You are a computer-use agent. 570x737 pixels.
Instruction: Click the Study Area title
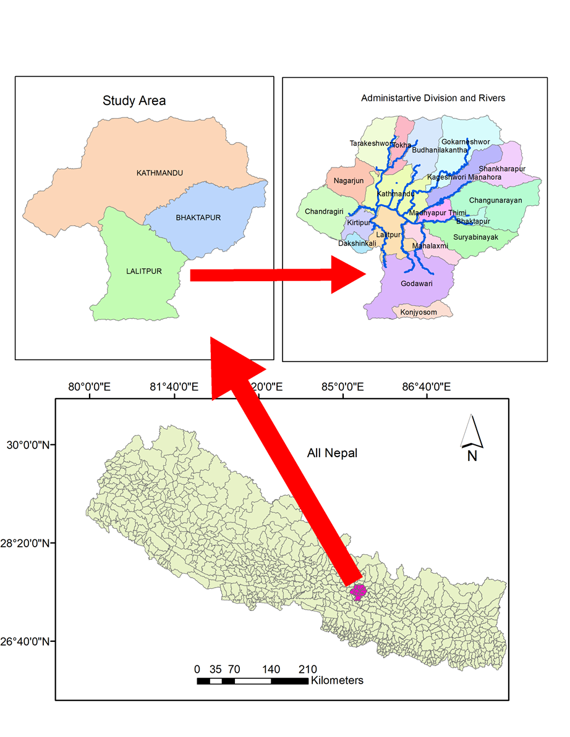[134, 100]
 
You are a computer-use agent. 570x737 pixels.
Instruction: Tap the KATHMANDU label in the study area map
[160, 173]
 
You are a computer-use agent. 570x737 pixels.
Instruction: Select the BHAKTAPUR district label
[198, 217]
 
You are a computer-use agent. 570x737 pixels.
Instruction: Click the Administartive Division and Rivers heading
[433, 98]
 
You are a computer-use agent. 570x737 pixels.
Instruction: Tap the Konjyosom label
[419, 313]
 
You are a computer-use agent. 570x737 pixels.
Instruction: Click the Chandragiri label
[324, 212]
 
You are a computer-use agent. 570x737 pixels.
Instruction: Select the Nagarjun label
[349, 181]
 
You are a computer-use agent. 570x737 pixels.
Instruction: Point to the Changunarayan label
[495, 200]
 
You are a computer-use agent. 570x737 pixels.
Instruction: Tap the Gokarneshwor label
[466, 142]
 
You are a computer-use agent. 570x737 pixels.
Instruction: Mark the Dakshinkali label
[357, 243]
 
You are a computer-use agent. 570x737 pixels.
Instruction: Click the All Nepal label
[332, 453]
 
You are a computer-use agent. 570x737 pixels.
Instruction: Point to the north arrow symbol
[472, 432]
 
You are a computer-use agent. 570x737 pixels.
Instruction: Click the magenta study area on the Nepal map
[358, 592]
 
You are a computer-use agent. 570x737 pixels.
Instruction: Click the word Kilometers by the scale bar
[338, 680]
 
